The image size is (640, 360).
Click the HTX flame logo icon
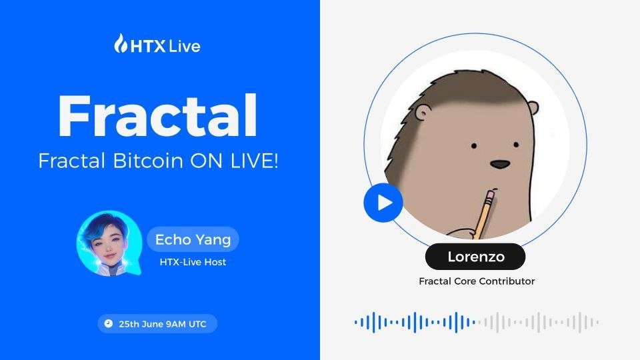tap(121, 43)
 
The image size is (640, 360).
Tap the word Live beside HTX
tap(184, 46)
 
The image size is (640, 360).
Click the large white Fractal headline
tap(158, 116)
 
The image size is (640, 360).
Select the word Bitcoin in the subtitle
tap(148, 161)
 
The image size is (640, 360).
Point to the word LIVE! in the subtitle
tap(255, 161)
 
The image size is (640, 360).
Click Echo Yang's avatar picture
tap(109, 244)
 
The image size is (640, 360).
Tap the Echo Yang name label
tap(193, 239)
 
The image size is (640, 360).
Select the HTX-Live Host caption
tap(193, 262)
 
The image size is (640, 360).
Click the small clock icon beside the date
tap(108, 324)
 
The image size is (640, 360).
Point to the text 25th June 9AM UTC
tap(163, 324)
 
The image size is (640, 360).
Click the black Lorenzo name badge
tap(475, 257)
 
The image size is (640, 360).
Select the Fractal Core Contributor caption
tap(477, 281)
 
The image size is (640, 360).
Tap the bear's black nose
tap(499, 165)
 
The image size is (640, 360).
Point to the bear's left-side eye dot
tap(474, 146)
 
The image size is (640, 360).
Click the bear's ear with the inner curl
tap(423, 112)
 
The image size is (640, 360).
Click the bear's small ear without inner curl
tap(533, 108)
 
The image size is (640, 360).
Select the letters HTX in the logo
tap(148, 47)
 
